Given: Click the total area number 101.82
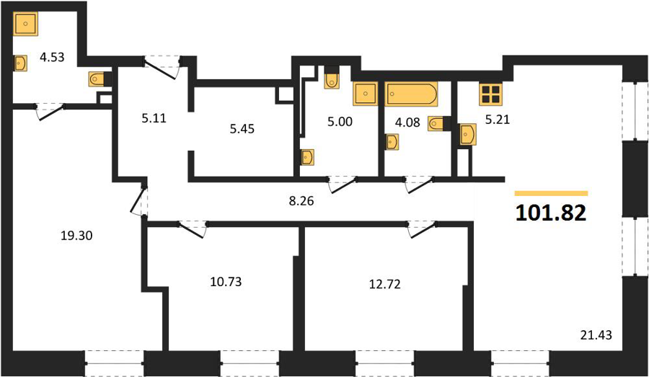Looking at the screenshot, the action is click(551, 213).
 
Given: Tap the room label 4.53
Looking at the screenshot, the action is click(52, 57).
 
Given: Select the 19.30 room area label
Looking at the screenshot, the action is click(76, 236).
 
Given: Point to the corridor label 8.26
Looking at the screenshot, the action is click(301, 201).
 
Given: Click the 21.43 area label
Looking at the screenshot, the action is click(596, 334).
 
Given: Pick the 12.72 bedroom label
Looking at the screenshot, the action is click(385, 285).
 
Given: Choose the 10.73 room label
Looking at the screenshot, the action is click(226, 282).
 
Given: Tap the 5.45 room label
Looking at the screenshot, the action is click(242, 129).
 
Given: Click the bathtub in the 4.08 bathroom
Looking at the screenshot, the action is click(411, 94).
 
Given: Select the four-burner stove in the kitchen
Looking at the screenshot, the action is click(491, 94).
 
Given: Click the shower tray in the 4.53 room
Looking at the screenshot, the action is click(26, 24).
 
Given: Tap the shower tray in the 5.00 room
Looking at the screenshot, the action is click(366, 94).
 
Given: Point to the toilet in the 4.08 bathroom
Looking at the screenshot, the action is click(438, 123).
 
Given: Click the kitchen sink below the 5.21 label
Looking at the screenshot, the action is click(468, 134).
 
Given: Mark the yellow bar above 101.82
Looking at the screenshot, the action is click(552, 193).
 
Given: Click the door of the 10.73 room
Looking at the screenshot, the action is click(191, 230).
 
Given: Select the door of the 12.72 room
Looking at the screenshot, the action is click(422, 230).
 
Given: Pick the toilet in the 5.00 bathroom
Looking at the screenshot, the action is click(332, 78).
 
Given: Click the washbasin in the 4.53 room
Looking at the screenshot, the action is click(20, 63).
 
